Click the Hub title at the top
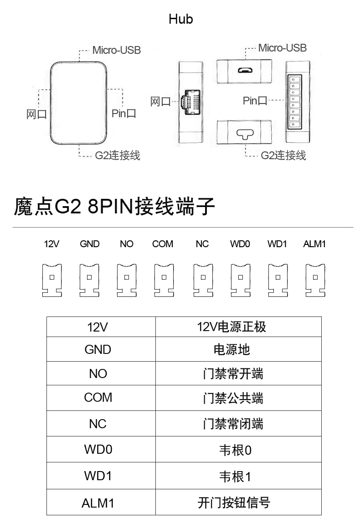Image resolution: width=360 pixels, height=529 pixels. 180,19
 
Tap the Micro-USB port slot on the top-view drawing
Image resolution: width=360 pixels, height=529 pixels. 245,71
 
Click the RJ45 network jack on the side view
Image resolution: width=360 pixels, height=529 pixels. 191,102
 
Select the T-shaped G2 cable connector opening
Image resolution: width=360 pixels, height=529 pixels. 244,134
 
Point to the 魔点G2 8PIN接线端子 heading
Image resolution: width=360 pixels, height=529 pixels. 114,207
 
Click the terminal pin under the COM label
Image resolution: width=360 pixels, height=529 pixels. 164,280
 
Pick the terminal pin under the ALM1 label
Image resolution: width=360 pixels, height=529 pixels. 315,280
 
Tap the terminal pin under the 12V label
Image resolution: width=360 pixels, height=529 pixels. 52,280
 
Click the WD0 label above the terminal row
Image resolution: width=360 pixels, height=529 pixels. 240,244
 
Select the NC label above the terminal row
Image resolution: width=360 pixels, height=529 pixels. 202,244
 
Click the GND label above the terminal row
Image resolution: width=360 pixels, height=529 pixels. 90,244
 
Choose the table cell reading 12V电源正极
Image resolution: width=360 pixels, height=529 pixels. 238,327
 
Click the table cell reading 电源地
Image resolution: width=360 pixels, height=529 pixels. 238,349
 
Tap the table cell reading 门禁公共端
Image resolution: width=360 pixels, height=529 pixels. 238,398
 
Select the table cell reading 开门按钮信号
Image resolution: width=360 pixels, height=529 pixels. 238,503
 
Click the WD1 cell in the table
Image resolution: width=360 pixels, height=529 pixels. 101,476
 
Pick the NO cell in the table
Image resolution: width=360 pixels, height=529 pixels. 101,373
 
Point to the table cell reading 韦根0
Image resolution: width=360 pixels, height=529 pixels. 238,449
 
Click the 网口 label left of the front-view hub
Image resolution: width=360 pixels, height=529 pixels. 36,114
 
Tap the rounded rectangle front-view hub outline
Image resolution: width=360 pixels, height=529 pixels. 51,103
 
